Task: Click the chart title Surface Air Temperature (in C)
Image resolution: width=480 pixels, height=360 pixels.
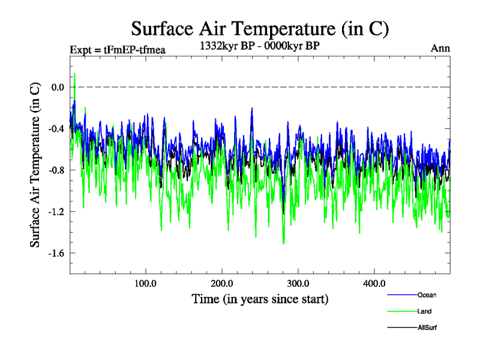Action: click(260, 28)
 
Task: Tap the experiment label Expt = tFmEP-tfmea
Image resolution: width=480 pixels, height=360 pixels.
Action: click(118, 49)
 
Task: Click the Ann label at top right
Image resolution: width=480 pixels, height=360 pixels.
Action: click(440, 48)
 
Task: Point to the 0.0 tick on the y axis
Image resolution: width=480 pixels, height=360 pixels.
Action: click(58, 88)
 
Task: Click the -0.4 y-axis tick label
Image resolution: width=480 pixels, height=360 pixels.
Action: click(56, 129)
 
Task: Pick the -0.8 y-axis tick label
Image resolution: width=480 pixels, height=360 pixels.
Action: click(56, 170)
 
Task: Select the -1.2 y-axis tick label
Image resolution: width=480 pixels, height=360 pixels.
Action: click(56, 212)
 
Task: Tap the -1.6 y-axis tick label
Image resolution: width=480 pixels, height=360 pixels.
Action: click(56, 253)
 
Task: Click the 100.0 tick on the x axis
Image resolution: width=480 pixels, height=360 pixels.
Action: click(146, 283)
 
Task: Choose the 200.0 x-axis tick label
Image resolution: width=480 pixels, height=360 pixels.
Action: click(222, 283)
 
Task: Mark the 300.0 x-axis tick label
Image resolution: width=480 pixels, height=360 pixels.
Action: click(298, 283)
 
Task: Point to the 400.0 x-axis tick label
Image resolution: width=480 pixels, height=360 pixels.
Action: click(374, 283)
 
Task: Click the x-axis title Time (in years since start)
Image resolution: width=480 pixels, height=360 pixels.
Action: click(260, 298)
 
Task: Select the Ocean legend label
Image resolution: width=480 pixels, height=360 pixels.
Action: click(427, 295)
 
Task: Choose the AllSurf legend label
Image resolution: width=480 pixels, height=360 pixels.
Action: click(427, 328)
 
